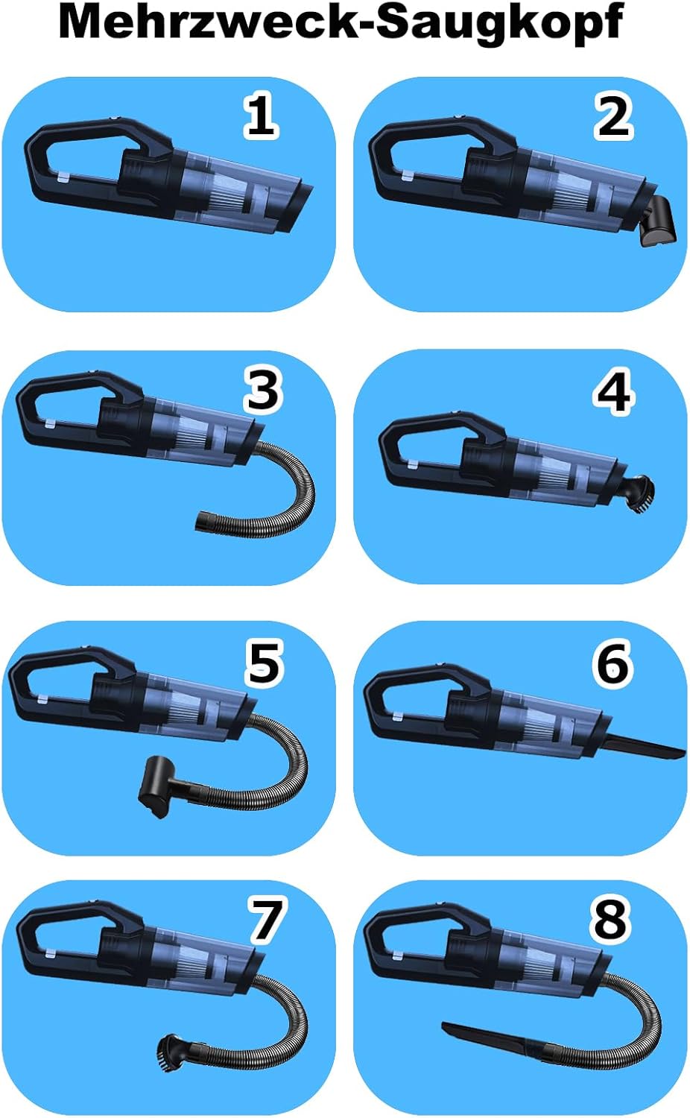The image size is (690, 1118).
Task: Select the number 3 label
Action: click(263, 391)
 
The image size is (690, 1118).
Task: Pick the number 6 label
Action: click(613, 663)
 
